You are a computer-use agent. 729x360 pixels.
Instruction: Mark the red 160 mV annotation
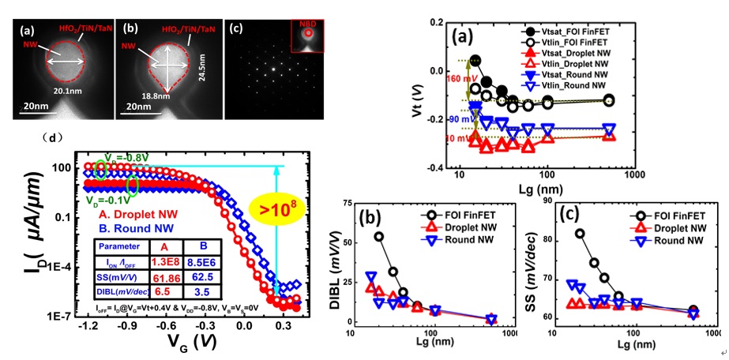[460, 78]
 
